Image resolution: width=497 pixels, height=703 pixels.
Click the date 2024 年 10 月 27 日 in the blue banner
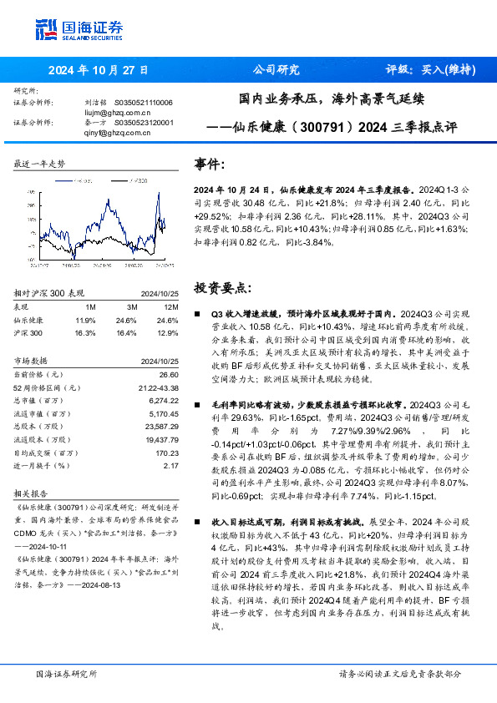(99, 70)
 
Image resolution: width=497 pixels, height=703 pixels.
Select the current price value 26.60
(170, 375)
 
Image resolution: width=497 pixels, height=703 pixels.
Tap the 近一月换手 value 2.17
(171, 466)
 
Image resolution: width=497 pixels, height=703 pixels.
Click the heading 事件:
(210, 164)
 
